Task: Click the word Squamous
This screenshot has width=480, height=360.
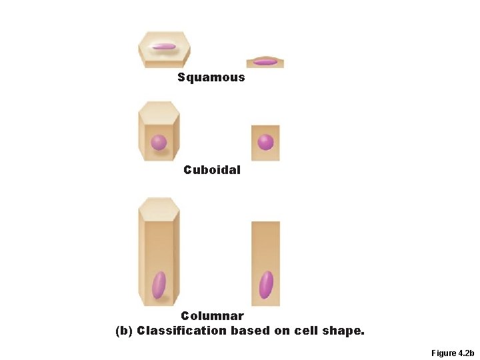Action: (211, 77)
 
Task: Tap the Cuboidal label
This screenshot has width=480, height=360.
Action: (212, 170)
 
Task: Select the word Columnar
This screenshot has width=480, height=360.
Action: (212, 316)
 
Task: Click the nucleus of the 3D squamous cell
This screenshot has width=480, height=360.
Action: (163, 47)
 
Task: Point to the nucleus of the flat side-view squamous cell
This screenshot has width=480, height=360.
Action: (265, 62)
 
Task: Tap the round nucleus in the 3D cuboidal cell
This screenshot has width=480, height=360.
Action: (159, 142)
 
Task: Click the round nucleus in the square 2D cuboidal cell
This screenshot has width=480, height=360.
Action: (265, 142)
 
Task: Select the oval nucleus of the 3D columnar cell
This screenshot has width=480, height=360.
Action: (159, 285)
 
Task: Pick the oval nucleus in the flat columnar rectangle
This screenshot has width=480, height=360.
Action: (266, 285)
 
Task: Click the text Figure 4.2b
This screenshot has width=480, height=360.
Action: (452, 353)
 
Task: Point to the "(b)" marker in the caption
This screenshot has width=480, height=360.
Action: (124, 331)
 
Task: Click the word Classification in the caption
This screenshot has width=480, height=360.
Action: (181, 331)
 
